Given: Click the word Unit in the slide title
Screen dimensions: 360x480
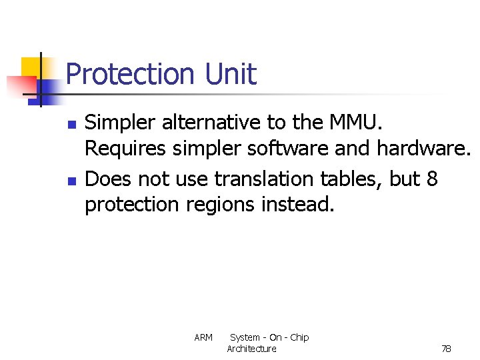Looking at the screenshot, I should tap(231, 74).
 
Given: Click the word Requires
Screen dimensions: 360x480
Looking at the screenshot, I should tap(125, 149).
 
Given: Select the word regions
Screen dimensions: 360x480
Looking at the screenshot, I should tap(211, 204).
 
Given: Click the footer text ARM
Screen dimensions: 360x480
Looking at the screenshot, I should tap(203, 338).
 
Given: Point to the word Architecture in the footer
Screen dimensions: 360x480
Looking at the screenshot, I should tap(251, 349).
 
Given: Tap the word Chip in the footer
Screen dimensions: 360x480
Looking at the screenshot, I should tap(299, 338).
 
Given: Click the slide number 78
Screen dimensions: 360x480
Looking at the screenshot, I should tap(446, 349).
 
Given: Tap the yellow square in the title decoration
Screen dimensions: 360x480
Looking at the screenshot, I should tap(31, 67).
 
